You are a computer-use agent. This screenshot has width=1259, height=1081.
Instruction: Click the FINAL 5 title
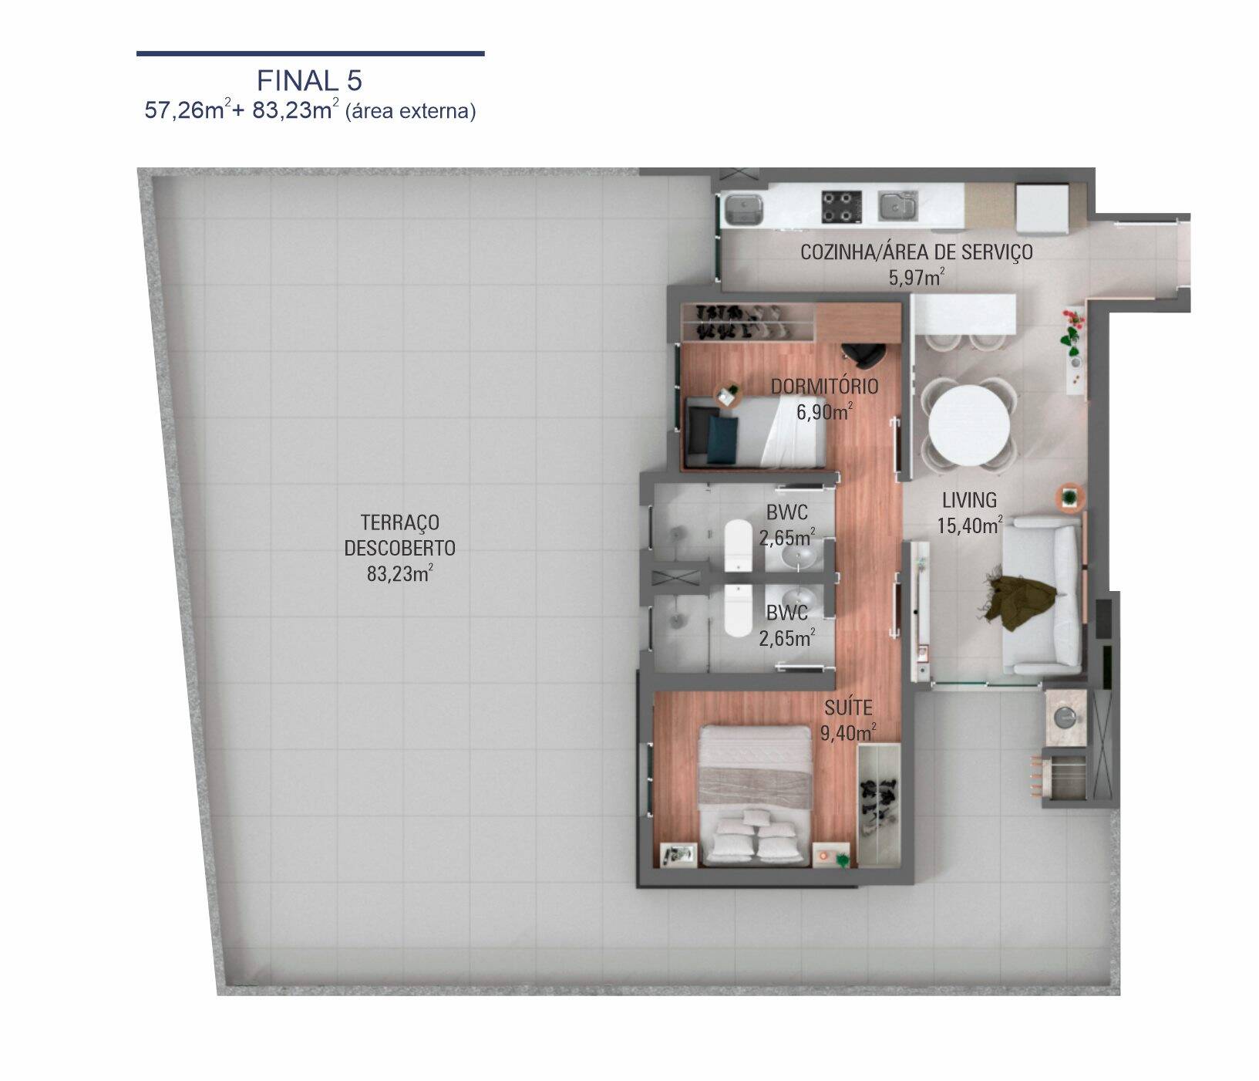tap(309, 80)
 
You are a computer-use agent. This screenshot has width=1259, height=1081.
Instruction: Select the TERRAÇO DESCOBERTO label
tap(399, 535)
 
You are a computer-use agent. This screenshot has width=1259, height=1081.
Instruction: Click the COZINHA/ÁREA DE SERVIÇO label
tap(916, 252)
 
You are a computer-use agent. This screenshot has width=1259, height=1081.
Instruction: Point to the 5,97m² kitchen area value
tap(916, 277)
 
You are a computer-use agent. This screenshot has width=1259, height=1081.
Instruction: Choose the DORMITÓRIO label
tap(824, 387)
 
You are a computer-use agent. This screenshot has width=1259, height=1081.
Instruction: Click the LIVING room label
tap(969, 500)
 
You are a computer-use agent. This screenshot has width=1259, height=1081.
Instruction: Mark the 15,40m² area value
tap(969, 526)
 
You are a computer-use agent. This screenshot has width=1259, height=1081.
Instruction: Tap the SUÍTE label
tap(848, 708)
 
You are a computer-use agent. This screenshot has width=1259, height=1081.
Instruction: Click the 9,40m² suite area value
tap(848, 733)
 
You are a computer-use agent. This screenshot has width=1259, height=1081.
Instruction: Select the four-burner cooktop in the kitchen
tap(840, 206)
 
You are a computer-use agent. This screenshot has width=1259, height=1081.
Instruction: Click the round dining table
tap(968, 425)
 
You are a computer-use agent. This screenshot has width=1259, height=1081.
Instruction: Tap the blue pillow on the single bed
tap(723, 440)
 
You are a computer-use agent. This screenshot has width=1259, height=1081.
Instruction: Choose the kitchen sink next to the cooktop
tap(897, 206)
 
